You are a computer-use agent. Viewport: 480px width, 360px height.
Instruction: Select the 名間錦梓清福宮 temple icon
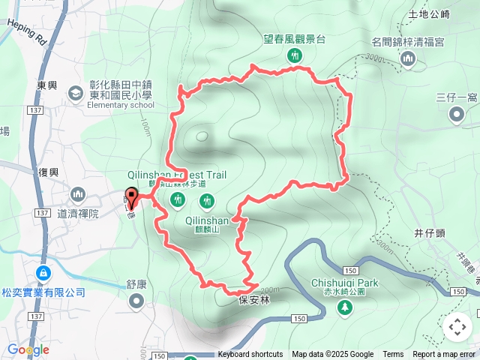[x=407, y=59]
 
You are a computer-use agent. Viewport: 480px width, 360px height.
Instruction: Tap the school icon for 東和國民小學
[x=75, y=93]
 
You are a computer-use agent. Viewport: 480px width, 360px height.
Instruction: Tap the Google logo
[x=28, y=349]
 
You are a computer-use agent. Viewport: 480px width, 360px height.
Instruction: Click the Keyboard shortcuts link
[x=250, y=355]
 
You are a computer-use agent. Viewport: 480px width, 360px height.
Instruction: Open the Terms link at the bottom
[x=393, y=355]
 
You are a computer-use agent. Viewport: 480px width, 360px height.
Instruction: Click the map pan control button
[x=457, y=327]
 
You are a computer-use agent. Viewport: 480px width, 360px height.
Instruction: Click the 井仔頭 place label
[x=430, y=233]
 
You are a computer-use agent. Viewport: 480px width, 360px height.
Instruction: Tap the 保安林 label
[x=253, y=299]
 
